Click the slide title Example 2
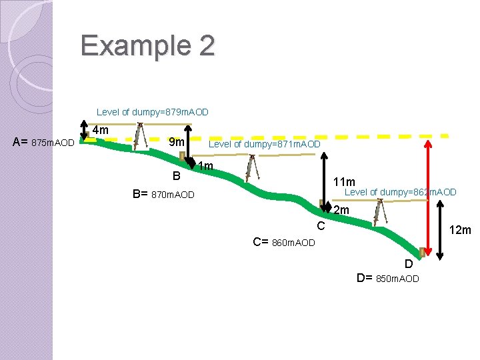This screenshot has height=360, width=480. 147,45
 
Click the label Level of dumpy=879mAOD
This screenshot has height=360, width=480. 153,112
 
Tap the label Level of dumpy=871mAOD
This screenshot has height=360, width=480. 265,144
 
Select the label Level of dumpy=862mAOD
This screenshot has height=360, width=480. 400,192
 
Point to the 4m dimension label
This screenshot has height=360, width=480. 101,130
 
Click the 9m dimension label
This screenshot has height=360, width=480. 177,142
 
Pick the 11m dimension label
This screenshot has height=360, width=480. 344,182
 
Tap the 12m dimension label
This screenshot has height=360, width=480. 460,230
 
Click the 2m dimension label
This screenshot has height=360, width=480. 341,211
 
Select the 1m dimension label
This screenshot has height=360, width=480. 205,165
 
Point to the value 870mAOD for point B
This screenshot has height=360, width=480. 173,195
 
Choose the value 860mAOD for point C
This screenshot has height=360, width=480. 293,243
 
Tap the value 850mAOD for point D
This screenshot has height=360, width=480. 398,279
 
